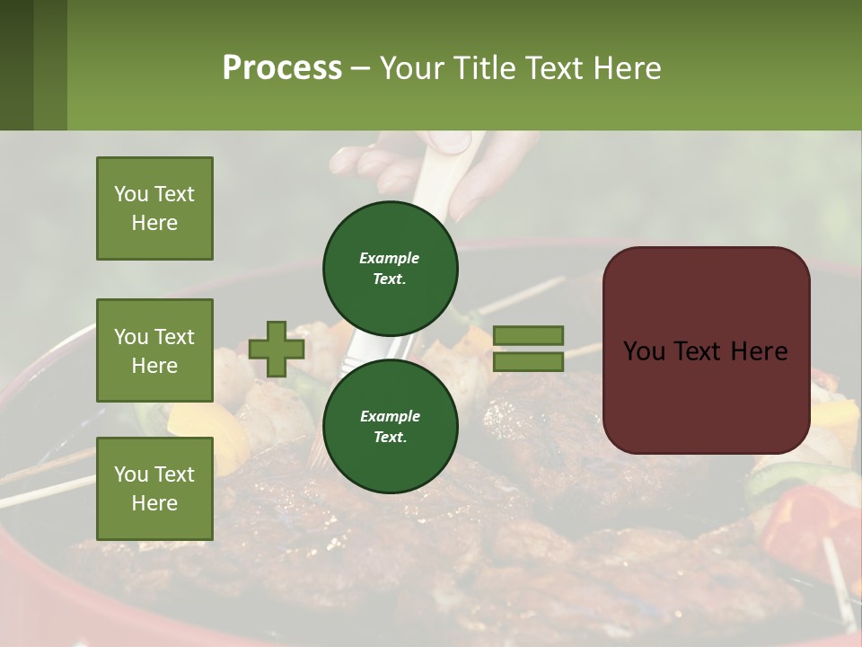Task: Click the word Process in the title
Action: pos(282,68)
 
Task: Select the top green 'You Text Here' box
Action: pos(154,208)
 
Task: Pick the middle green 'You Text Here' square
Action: pos(154,350)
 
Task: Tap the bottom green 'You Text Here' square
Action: pos(154,488)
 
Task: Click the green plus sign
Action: pos(277,350)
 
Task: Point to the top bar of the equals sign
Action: pos(528,335)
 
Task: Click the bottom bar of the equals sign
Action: pos(528,362)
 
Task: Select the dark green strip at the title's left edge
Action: pos(33,65)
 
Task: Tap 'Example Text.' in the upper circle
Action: pos(390,268)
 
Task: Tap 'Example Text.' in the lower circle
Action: pos(390,426)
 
